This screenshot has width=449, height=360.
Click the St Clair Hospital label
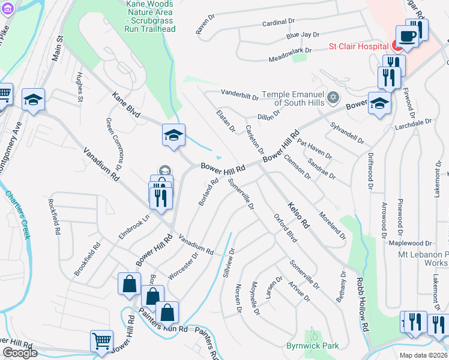click(x=357, y=46)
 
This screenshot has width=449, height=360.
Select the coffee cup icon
click(x=408, y=35)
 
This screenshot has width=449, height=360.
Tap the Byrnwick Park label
click(x=312, y=346)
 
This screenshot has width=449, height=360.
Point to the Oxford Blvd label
click(x=286, y=228)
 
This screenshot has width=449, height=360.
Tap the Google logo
click(x=20, y=353)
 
